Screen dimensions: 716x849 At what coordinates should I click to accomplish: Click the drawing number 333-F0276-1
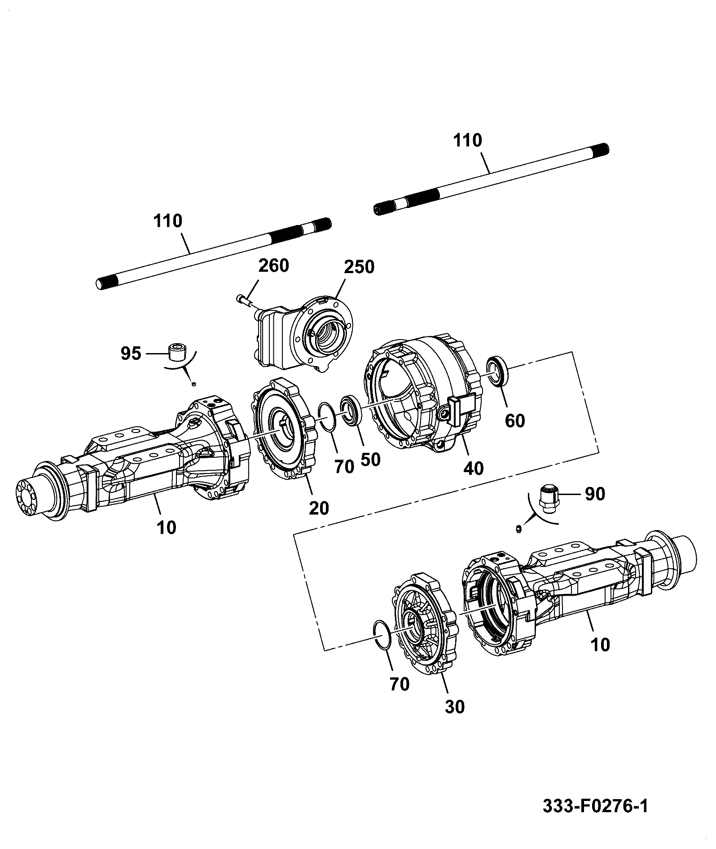click(x=596, y=806)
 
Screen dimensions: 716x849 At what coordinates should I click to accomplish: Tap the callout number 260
click(x=273, y=265)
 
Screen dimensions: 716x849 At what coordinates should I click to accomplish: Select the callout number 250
click(x=359, y=267)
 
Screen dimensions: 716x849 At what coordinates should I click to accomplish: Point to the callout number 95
click(x=131, y=354)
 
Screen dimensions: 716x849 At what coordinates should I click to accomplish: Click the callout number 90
click(x=594, y=494)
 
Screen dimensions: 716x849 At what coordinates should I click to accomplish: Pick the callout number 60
click(x=514, y=421)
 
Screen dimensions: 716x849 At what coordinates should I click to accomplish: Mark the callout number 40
click(x=473, y=469)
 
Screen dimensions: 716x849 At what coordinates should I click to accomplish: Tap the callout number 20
click(x=319, y=508)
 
